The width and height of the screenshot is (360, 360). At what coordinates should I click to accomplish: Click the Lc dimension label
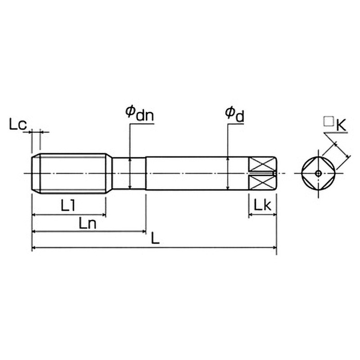tap(18, 124)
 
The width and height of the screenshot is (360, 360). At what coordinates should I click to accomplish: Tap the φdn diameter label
tap(139, 113)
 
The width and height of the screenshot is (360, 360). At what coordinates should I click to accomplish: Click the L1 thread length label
tap(67, 205)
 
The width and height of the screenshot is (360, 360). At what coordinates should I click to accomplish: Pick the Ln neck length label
tap(87, 223)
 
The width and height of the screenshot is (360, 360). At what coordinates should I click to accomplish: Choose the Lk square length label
tap(262, 205)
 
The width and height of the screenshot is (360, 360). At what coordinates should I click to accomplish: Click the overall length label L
tap(155, 238)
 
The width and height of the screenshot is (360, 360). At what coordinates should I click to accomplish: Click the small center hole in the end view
tap(318, 174)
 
